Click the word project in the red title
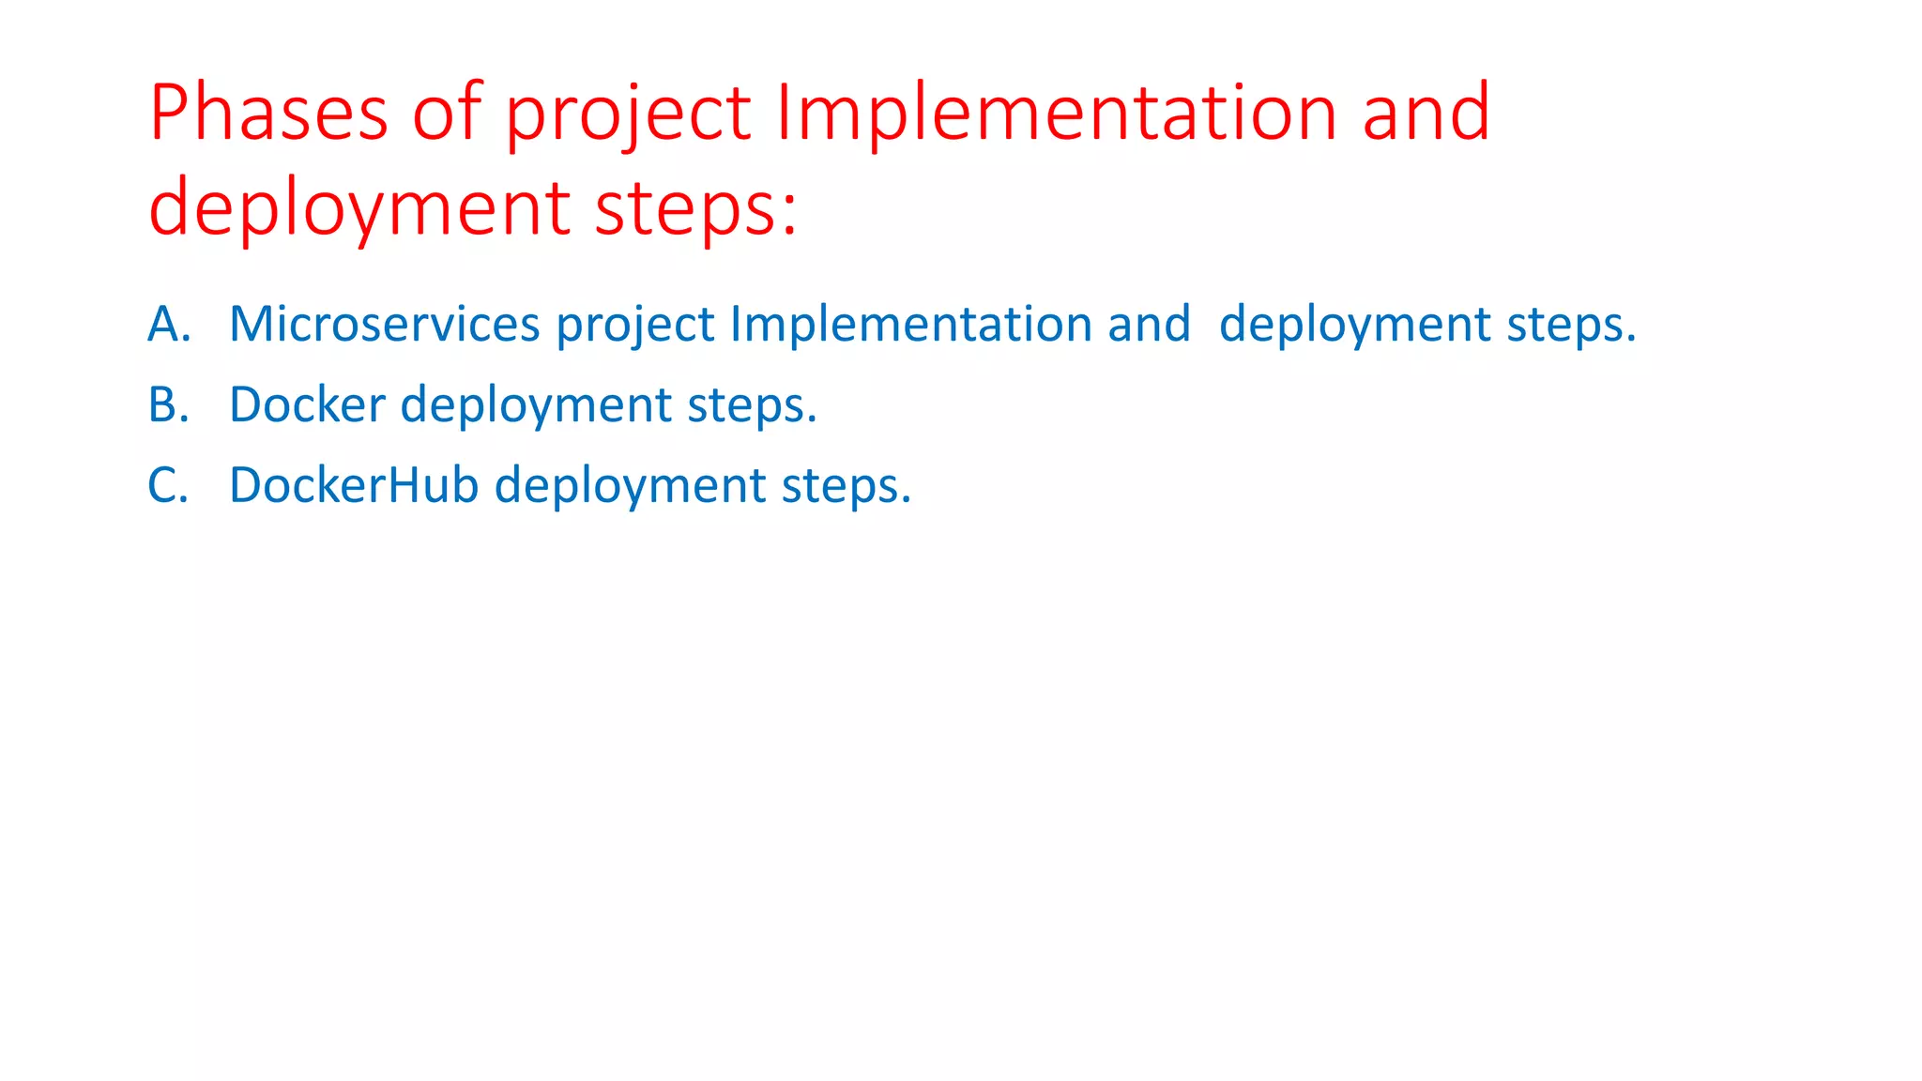[x=628, y=114]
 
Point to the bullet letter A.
[x=169, y=324]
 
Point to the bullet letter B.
[x=169, y=404]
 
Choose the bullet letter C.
[x=169, y=485]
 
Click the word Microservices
[x=385, y=324]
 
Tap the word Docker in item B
[x=307, y=404]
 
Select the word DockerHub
[x=354, y=485]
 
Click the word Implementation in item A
[x=910, y=324]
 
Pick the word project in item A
[x=635, y=326]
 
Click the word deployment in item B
[x=536, y=406]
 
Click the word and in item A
[x=1149, y=324]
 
